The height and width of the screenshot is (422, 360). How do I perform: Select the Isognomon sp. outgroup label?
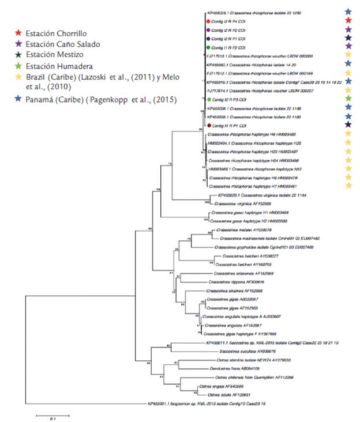[196, 404]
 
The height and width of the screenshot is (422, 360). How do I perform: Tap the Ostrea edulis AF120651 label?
[224, 394]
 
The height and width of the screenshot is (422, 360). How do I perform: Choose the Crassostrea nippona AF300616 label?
[236, 282]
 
